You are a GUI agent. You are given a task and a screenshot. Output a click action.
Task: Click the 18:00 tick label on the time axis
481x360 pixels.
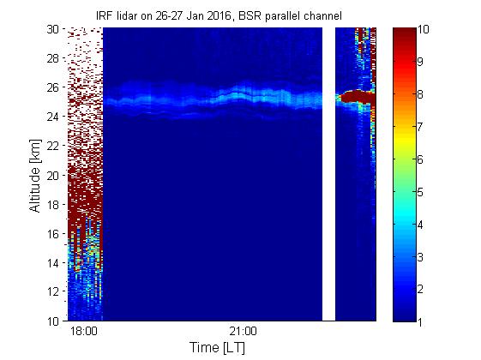tap(84, 332)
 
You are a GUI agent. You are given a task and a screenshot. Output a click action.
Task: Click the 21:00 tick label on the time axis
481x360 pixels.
tap(243, 332)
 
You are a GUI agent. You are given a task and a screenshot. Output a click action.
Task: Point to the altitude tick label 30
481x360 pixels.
tap(52, 29)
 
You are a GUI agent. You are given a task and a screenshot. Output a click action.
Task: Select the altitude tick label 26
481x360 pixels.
tap(52, 87)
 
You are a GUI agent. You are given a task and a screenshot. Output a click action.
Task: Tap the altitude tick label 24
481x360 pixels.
tap(52, 117)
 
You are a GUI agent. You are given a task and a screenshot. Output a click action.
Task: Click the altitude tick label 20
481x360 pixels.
tap(52, 176)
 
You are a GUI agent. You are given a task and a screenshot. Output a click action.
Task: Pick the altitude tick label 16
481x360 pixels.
tap(52, 234)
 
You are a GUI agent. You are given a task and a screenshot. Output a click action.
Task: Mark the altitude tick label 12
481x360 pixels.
tap(52, 291)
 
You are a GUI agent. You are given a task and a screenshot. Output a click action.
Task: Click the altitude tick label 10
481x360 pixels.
tap(52, 321)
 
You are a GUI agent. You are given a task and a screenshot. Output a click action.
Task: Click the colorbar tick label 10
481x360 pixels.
tap(423, 29)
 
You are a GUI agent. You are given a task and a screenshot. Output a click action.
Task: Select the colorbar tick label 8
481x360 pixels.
tap(420, 94)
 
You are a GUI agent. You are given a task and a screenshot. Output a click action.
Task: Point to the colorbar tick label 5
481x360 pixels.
tap(420, 192)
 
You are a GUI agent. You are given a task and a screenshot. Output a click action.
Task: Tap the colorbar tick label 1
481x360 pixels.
tap(420, 322)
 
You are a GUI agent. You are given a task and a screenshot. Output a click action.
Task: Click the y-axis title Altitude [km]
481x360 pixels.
tap(35, 176)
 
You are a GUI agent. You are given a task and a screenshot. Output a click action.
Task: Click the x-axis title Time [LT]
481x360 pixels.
tap(218, 348)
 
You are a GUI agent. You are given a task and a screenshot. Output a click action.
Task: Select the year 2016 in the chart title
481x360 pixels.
tap(219, 16)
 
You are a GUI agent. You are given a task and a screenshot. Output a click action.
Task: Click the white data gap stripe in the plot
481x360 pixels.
tap(328, 174)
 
